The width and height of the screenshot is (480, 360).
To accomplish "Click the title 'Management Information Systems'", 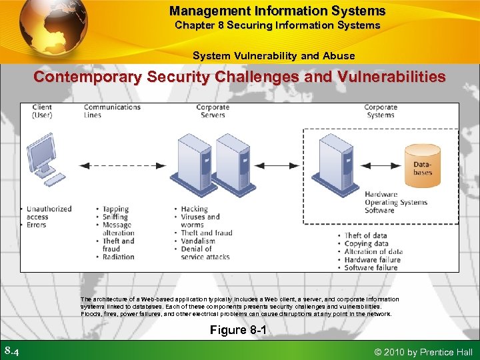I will point(277,11).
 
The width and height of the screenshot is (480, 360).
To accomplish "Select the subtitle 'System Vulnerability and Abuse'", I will point(273,55).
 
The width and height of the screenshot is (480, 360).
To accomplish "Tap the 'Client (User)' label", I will point(41,111).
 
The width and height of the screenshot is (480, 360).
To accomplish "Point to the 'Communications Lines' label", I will point(111,111).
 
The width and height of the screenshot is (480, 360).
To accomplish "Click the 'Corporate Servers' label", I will point(213,111).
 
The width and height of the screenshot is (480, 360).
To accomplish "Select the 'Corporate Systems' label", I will point(380,111).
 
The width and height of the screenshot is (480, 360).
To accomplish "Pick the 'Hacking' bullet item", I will point(194,209).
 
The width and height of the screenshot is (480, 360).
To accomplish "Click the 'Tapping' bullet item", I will point(115,209).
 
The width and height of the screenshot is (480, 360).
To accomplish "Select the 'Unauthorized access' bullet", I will point(48,213).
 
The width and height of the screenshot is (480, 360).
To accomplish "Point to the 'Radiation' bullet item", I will point(118,257).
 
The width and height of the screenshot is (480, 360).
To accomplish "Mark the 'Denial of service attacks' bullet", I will point(204,253).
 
